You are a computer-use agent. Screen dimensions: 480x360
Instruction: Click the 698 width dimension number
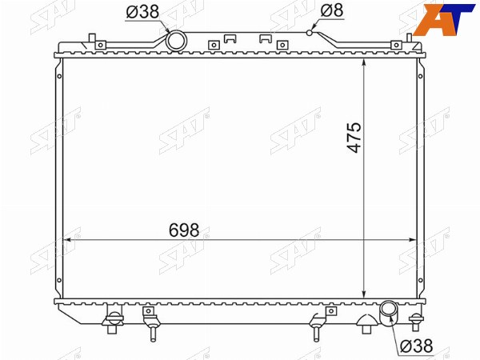pyautogui.click(x=184, y=230)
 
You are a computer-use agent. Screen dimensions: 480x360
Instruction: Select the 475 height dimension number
pyautogui.click(x=354, y=138)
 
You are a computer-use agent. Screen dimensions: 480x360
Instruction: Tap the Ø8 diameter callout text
pyautogui.click(x=332, y=10)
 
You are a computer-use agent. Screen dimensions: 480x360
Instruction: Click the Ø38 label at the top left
pyautogui.click(x=142, y=12)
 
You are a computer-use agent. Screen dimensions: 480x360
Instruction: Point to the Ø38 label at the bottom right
pyautogui.click(x=417, y=346)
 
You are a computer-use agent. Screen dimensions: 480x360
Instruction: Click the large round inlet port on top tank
pyautogui.click(x=176, y=41)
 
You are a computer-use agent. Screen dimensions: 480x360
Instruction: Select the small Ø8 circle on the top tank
pyautogui.click(x=310, y=33)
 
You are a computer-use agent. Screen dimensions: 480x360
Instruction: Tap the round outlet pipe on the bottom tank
pyautogui.click(x=389, y=312)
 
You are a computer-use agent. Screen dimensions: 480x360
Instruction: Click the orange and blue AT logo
pyautogui.click(x=443, y=20)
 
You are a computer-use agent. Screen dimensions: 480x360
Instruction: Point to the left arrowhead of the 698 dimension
pyautogui.click(x=66, y=240)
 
